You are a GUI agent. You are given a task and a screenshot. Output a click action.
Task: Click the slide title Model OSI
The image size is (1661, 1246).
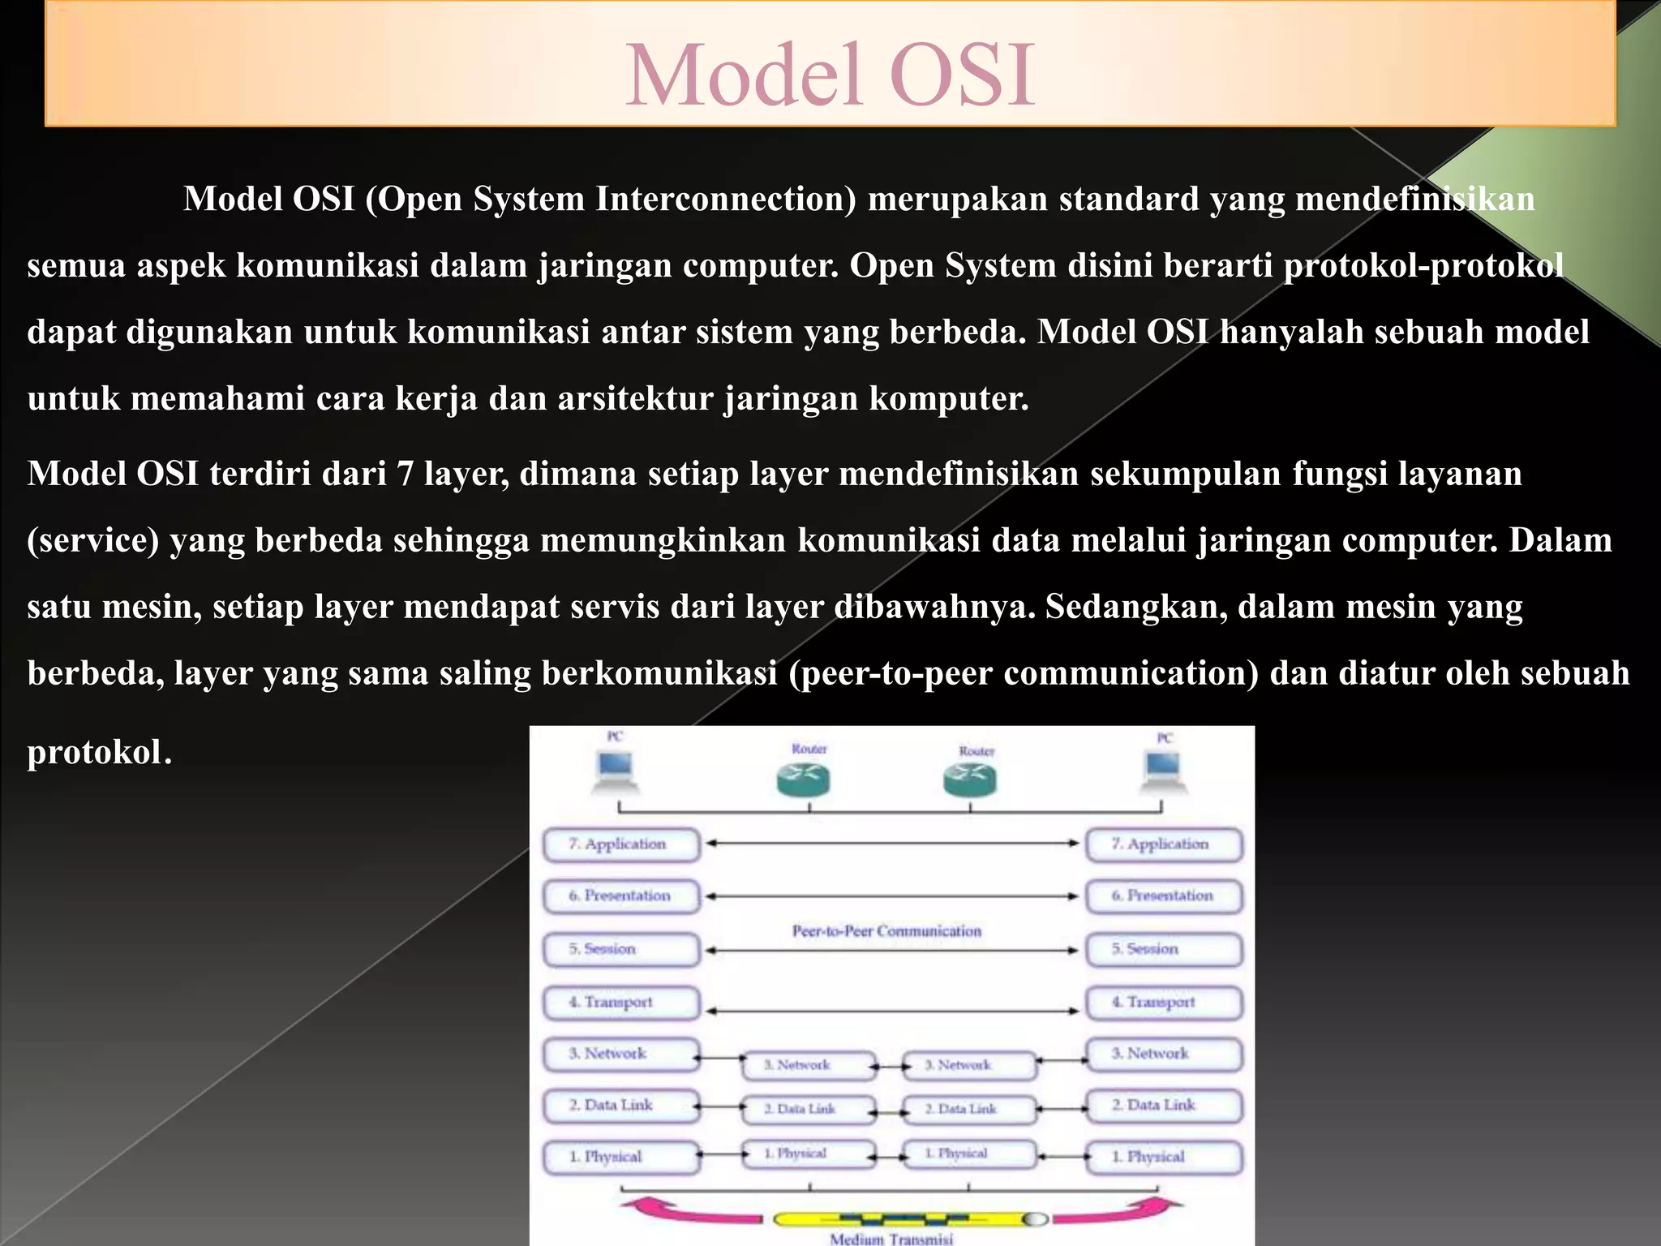830,75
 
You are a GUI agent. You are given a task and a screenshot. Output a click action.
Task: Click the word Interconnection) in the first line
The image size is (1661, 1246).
726,200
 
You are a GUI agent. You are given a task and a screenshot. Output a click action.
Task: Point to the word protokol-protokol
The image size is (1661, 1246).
1423,266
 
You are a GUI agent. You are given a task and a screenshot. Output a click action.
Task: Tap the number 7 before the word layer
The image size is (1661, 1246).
405,474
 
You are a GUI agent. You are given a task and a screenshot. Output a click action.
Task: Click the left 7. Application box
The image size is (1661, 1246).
621,844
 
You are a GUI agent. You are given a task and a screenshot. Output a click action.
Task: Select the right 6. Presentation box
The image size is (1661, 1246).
1164,896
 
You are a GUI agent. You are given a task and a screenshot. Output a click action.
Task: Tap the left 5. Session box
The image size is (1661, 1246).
621,949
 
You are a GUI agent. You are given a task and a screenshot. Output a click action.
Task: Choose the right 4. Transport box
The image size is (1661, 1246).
1164,1003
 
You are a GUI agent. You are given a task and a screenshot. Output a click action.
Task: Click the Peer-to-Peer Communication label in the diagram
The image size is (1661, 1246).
886,931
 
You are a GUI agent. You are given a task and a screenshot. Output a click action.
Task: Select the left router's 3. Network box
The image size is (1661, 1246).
809,1065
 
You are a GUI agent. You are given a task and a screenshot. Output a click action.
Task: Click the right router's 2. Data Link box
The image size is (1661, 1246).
969,1109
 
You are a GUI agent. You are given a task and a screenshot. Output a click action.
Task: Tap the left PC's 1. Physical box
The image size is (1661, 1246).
621,1157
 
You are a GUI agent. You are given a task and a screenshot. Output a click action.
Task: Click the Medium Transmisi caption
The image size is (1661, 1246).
891,1239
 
